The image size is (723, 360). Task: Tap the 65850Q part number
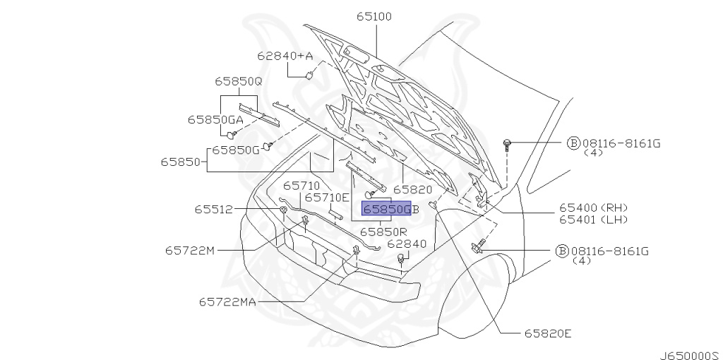(x=238, y=81)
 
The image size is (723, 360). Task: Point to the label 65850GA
(x=215, y=119)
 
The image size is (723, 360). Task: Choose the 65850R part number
(x=383, y=231)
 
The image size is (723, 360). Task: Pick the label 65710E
(x=327, y=198)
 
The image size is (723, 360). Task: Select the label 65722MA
(x=227, y=301)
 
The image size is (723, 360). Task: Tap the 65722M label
(x=190, y=250)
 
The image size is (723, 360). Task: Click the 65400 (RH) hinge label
(x=593, y=208)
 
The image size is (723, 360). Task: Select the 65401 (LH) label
(x=593, y=220)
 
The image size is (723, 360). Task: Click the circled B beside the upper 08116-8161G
(x=573, y=143)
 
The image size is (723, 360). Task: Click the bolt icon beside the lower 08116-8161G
(x=477, y=248)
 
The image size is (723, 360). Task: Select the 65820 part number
(x=412, y=189)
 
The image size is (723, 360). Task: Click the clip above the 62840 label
(x=401, y=262)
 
